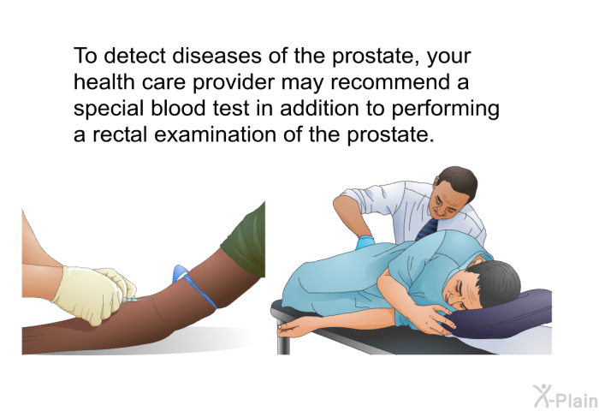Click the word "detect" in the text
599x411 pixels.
coord(135,56)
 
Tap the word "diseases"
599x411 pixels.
coord(217,56)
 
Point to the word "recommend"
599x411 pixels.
coord(387,82)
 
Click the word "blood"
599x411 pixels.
coord(178,108)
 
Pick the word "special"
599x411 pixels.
coord(109,110)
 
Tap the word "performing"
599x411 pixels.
coord(446,110)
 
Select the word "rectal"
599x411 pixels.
coord(120,134)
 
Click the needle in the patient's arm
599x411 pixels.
coord(139,301)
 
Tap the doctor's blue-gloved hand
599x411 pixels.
coord(365,243)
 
